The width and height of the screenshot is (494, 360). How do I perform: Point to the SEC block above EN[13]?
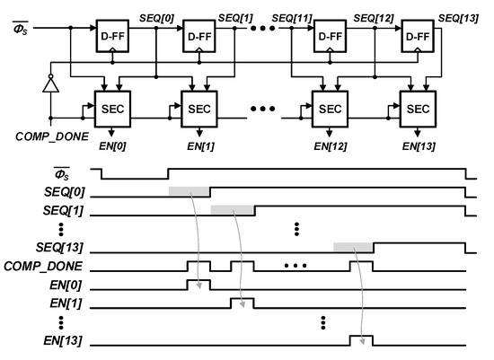tap(419, 108)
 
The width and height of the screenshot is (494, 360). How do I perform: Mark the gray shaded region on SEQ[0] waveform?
tap(189, 192)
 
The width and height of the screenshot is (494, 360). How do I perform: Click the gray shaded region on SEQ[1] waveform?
tap(232, 209)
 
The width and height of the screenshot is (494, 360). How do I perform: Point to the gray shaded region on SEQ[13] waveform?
tap(353, 247)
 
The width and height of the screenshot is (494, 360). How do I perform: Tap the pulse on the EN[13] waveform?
tap(361, 339)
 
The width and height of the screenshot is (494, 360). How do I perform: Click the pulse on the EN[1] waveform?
tap(242, 302)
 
